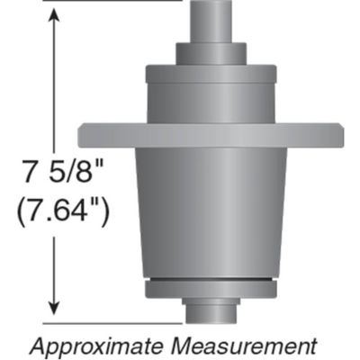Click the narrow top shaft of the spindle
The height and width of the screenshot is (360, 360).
(x=212, y=18)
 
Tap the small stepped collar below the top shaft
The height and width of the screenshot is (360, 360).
(x=212, y=51)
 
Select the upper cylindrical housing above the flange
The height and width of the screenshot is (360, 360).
(x=212, y=94)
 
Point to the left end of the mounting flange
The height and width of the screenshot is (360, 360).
(x=94, y=135)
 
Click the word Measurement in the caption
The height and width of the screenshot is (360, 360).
(x=253, y=344)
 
